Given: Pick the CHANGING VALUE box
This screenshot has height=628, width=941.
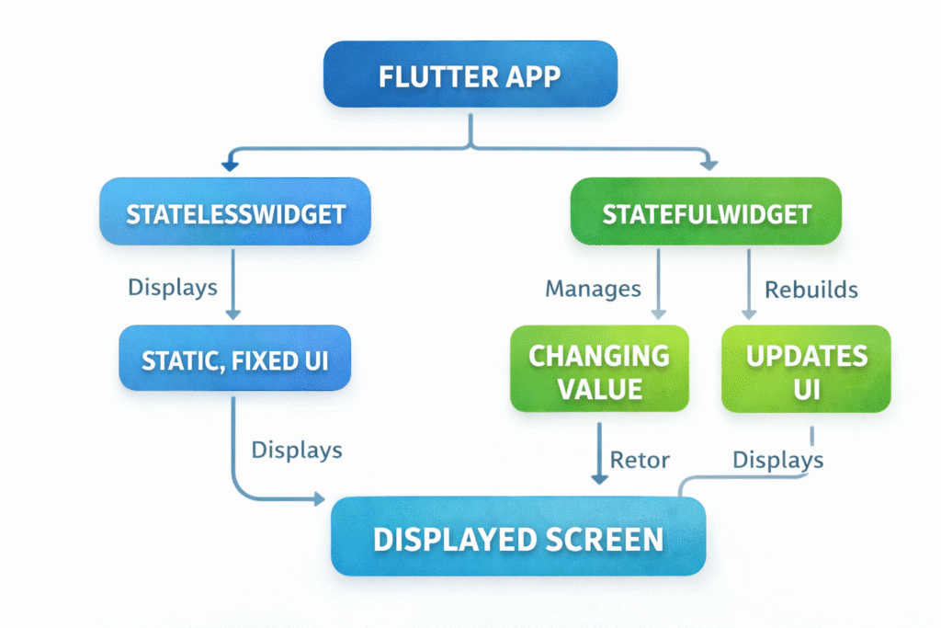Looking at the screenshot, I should pos(599,371).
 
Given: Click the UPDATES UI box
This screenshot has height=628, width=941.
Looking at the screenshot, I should pos(806,371).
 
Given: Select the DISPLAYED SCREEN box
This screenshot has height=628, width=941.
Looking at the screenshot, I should pos(517,538).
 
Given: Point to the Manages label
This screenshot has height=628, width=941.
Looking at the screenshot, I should pos(593,289).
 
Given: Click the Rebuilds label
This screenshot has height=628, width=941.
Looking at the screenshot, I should pos(811,290).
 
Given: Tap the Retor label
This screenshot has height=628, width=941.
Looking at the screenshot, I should pos(641,460).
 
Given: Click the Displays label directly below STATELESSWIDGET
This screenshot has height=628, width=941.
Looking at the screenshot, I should pos(173,287).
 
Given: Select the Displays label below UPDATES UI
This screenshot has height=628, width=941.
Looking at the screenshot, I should pos(777,460).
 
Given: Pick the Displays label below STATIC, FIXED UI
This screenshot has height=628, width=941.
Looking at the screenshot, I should pos(297,450).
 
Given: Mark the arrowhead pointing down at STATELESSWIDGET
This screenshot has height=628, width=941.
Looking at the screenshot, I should pos(230,166).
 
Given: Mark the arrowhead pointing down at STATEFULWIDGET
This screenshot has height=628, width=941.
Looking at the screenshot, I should pos(709,166).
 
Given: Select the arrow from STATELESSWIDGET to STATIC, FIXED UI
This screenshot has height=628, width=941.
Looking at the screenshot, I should pos(232,285).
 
